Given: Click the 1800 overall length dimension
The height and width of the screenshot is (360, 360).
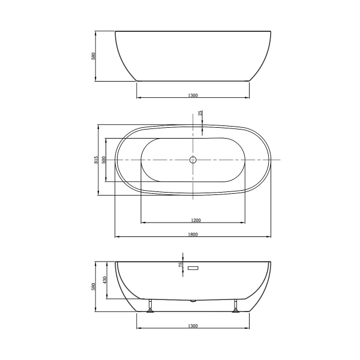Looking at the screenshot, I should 193,234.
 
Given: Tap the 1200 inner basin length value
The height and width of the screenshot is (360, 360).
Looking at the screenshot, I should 193,220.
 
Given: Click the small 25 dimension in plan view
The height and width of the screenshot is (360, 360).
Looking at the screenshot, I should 200,113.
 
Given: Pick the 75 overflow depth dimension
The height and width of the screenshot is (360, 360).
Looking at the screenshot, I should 180,265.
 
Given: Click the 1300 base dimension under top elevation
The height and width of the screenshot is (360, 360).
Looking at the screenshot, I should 193,95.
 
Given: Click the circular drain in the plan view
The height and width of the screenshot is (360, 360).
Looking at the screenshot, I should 193,160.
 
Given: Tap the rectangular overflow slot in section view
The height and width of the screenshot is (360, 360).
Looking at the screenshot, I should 193,268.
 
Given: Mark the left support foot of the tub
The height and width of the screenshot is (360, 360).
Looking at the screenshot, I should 150,307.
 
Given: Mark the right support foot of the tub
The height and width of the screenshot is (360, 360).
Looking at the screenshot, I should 236,307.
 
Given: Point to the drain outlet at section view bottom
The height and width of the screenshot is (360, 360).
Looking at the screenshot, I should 193,301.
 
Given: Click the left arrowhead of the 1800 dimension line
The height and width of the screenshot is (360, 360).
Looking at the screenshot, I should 116,237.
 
